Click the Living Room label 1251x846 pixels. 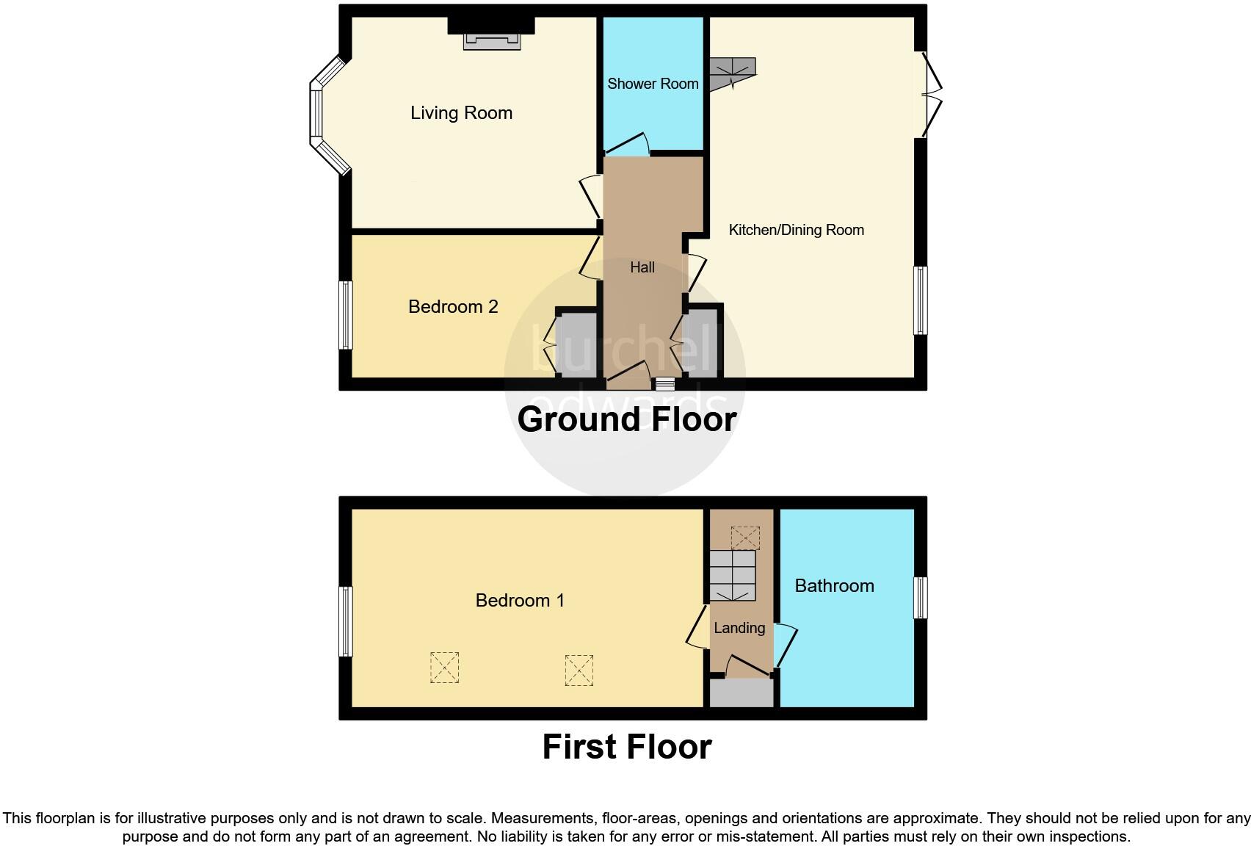click(x=461, y=113)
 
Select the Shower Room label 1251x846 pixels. click(x=653, y=84)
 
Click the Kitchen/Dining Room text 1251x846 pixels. click(x=797, y=230)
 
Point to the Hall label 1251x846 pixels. click(x=642, y=267)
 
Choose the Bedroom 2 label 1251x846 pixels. click(x=453, y=307)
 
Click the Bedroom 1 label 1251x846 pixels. click(x=520, y=601)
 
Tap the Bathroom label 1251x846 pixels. click(x=835, y=585)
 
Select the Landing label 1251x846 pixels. click(x=739, y=628)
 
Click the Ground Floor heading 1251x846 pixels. click(x=627, y=419)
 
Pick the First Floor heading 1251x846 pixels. click(x=627, y=747)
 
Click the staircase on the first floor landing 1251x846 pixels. click(x=733, y=576)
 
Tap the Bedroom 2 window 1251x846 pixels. click(x=346, y=315)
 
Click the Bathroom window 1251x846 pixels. click(x=921, y=598)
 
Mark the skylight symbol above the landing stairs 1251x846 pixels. click(x=745, y=538)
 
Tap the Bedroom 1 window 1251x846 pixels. click(x=346, y=621)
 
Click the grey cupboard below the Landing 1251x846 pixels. click(x=741, y=693)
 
